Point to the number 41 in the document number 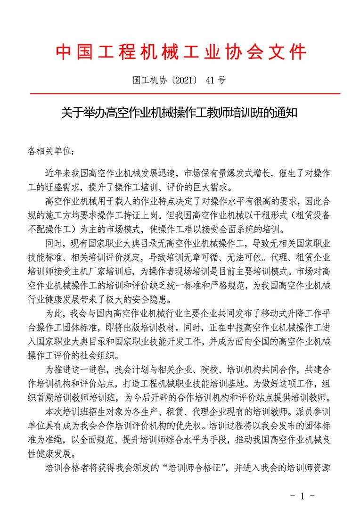209,81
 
